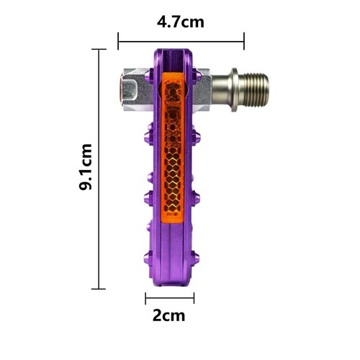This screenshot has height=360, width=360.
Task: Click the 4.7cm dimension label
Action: click(181, 22)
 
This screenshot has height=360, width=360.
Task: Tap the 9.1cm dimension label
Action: click(86, 167)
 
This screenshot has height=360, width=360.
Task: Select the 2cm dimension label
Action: click(169, 316)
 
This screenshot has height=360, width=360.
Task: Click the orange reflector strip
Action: click(173, 148)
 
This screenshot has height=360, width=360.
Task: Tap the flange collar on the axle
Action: click(235, 90)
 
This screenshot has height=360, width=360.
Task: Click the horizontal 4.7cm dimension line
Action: click(181, 42)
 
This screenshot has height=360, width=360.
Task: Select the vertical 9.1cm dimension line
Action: click(99, 169)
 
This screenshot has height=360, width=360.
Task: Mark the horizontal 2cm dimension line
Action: click(170, 298)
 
